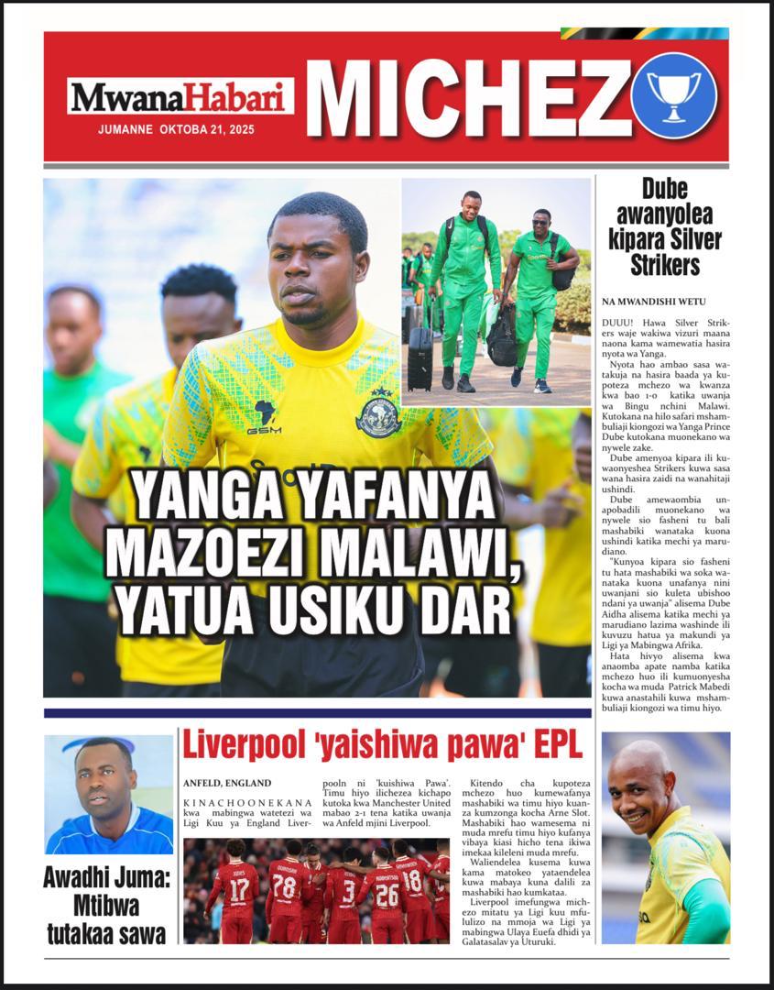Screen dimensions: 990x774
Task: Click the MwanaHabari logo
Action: click(x=180, y=96)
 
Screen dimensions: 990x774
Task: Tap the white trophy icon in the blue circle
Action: click(x=673, y=95)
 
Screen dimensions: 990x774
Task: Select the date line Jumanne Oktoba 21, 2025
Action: click(x=177, y=129)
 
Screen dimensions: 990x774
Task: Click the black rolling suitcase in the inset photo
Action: click(x=420, y=357)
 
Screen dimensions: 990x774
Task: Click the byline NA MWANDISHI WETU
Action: click(x=653, y=302)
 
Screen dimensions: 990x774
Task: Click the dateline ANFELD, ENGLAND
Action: click(x=227, y=783)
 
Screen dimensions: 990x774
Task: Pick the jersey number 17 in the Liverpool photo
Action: click(x=239, y=890)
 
